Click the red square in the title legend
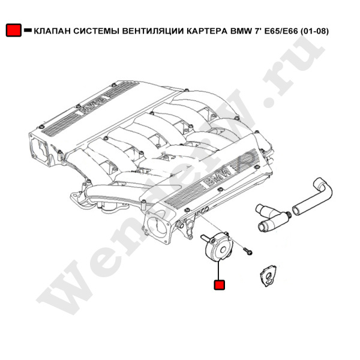(14, 30)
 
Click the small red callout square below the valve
(219, 284)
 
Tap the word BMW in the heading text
(239, 31)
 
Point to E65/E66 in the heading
(281, 31)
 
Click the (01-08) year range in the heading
(314, 31)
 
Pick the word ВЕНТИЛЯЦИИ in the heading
(152, 31)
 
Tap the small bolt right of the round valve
(248, 251)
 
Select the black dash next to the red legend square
(28, 30)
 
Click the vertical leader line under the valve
(219, 271)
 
